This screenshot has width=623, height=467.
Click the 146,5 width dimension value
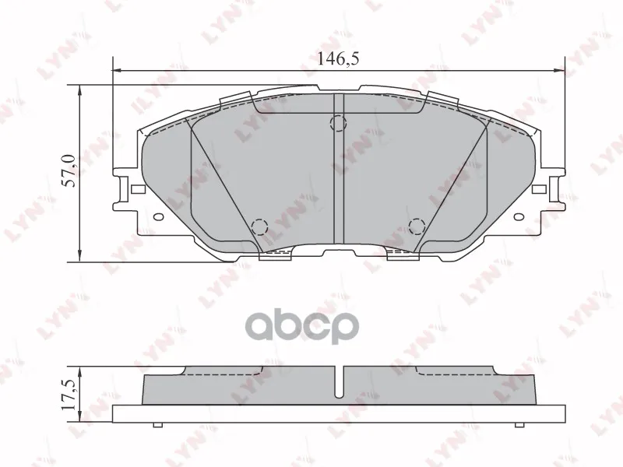pyautogui.click(x=338, y=58)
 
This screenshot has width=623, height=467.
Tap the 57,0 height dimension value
pyautogui.click(x=69, y=170)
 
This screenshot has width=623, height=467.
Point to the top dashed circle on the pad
pyautogui.click(x=339, y=123)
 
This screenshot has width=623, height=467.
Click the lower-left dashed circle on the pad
pyautogui.click(x=260, y=226)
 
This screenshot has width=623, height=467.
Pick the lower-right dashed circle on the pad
pyautogui.click(x=417, y=226)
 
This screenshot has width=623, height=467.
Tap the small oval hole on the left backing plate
pyautogui.click(x=159, y=217)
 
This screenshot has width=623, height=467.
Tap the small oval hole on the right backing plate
pyautogui.click(x=519, y=217)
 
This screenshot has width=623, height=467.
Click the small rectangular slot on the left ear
pyautogui.click(x=138, y=189)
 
